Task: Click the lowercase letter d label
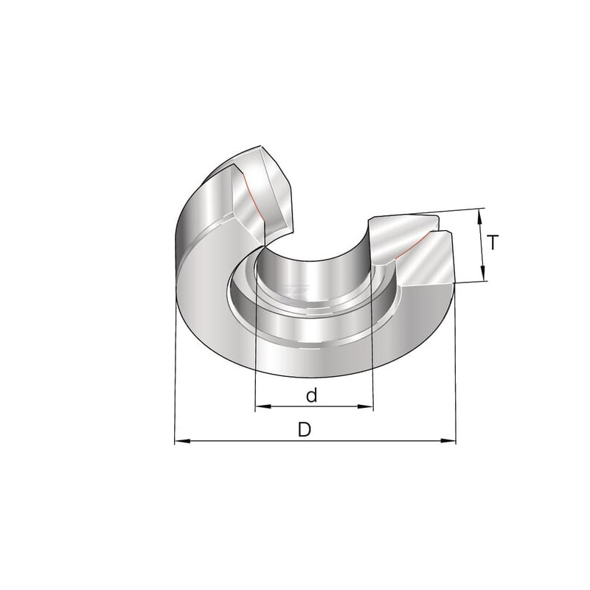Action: pyautogui.click(x=311, y=395)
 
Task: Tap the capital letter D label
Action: pyautogui.click(x=305, y=429)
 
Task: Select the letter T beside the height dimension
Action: pyautogui.click(x=493, y=242)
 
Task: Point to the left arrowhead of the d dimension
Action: pyautogui.click(x=263, y=406)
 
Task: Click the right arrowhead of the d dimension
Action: pyautogui.click(x=365, y=406)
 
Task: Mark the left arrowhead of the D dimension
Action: pyautogui.click(x=183, y=440)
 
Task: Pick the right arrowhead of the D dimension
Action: pyautogui.click(x=448, y=440)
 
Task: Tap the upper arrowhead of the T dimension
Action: pyautogui.click(x=480, y=217)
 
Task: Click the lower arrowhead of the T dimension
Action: pyautogui.click(x=482, y=273)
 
